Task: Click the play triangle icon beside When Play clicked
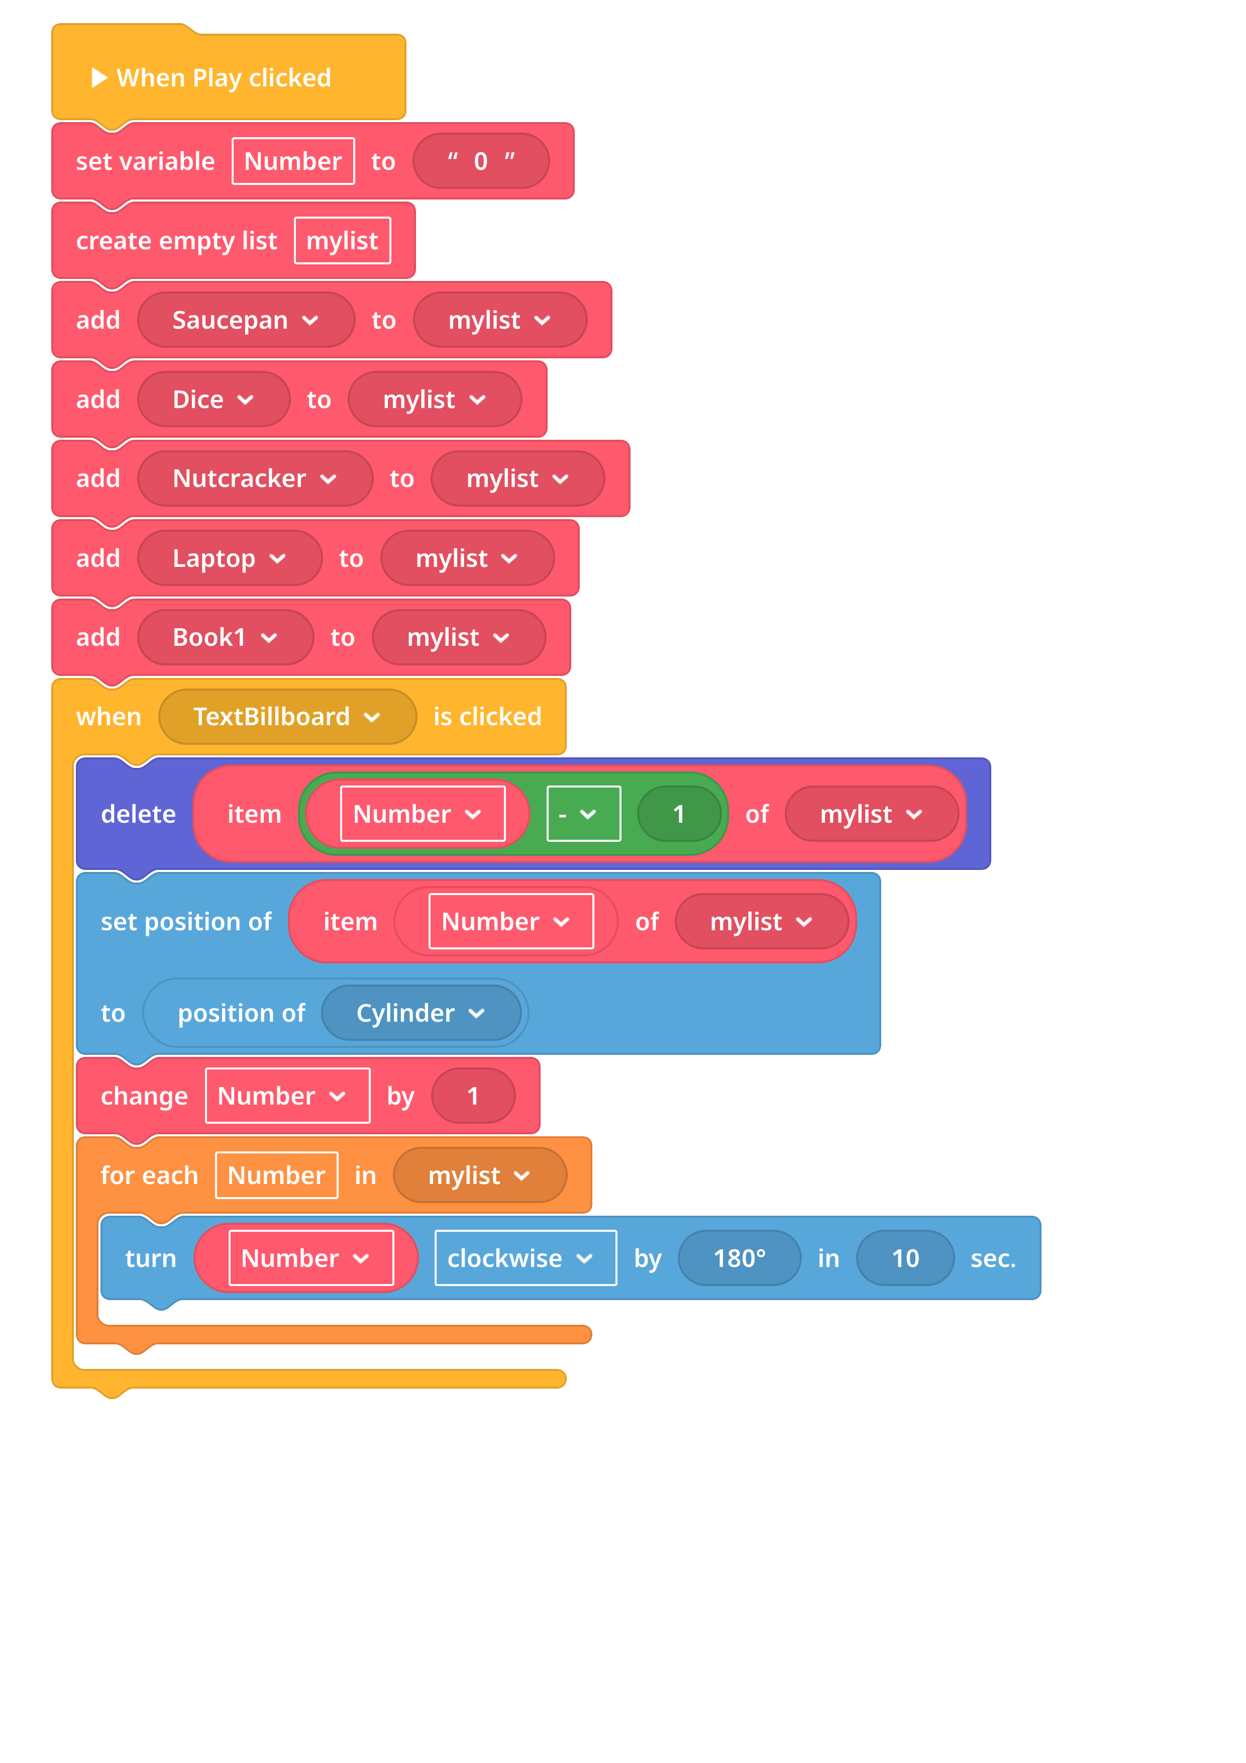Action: click(x=99, y=77)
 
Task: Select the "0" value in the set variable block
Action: click(x=481, y=161)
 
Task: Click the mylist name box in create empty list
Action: click(x=343, y=240)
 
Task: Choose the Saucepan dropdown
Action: click(x=246, y=320)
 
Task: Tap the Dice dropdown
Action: click(x=214, y=399)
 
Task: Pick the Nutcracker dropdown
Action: click(x=255, y=478)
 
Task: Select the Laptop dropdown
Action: click(x=230, y=558)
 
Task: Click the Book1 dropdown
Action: click(x=226, y=637)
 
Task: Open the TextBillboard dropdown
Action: click(x=287, y=717)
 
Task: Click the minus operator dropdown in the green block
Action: click(x=583, y=814)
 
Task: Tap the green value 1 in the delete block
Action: click(x=679, y=814)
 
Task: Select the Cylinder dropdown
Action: click(x=421, y=1013)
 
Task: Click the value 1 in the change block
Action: click(x=473, y=1096)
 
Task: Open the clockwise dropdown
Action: click(x=525, y=1258)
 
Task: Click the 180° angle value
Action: click(x=739, y=1258)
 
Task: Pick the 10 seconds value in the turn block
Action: click(x=905, y=1258)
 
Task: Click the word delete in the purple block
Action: click(x=138, y=814)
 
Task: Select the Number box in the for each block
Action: click(x=276, y=1175)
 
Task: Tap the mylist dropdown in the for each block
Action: click(x=480, y=1175)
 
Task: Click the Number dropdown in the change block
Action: click(x=287, y=1096)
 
